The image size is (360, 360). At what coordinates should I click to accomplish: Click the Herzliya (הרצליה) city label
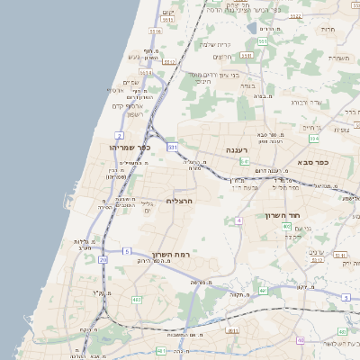181,201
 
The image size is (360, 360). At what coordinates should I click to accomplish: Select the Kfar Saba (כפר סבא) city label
313,163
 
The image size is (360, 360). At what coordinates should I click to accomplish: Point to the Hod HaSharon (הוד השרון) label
287,216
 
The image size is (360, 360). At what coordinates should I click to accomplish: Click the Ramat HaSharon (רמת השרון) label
173,255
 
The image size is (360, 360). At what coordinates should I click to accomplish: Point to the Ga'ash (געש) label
137,58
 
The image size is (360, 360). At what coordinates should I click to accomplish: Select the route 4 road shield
238,220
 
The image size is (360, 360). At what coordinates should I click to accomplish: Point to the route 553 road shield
262,40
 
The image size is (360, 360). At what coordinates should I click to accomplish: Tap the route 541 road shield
244,162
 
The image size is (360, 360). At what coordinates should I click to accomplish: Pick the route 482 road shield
136,300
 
